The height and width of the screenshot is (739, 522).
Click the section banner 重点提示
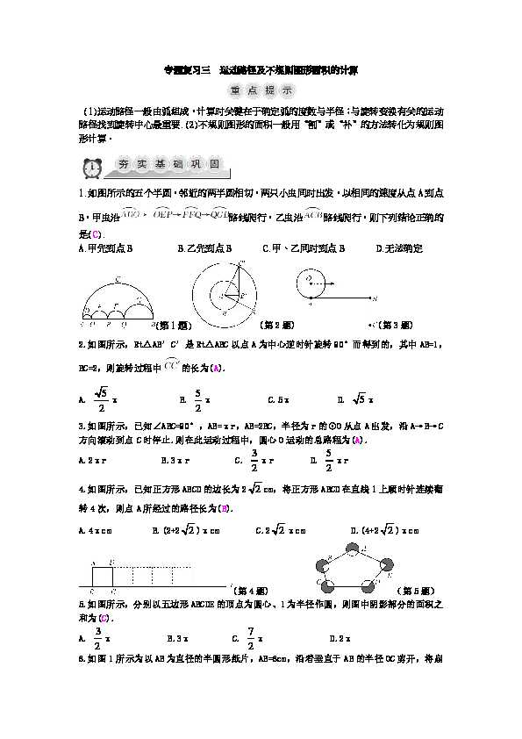(261, 90)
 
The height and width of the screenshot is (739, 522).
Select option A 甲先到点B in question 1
(104, 248)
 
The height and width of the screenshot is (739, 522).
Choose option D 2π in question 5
(340, 638)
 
